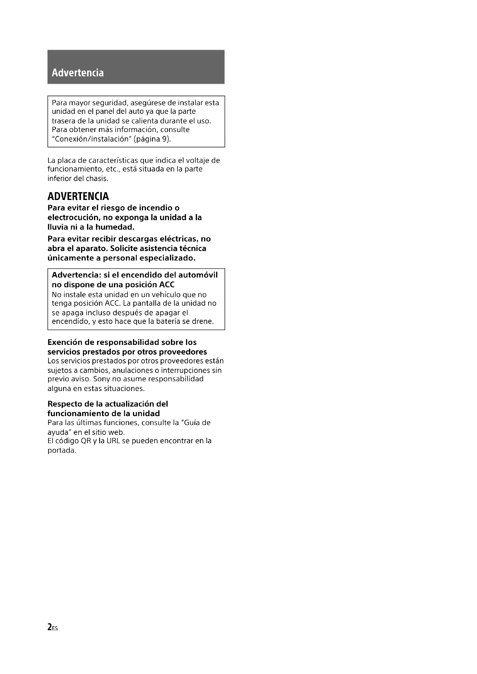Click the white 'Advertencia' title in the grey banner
78,73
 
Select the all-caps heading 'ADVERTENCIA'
78,196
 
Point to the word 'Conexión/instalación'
92,139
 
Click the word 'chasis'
98,178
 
